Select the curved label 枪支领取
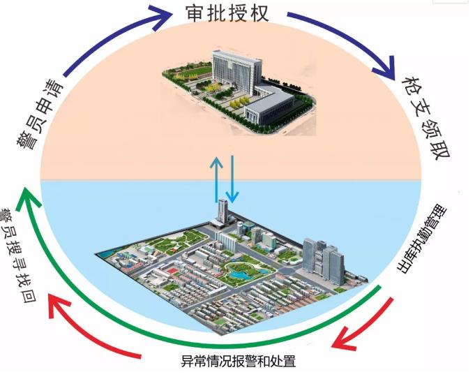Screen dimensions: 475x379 click(x=425, y=118)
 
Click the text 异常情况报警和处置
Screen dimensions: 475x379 click(x=239, y=361)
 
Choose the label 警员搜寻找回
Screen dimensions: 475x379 click(x=18, y=255)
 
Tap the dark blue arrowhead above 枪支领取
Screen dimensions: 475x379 click(x=385, y=68)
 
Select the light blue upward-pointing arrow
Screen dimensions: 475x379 click(x=217, y=179)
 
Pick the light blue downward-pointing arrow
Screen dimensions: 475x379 click(x=232, y=179)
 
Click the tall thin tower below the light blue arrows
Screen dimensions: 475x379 click(x=223, y=210)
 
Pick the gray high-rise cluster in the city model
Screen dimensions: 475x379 click(x=324, y=261)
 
